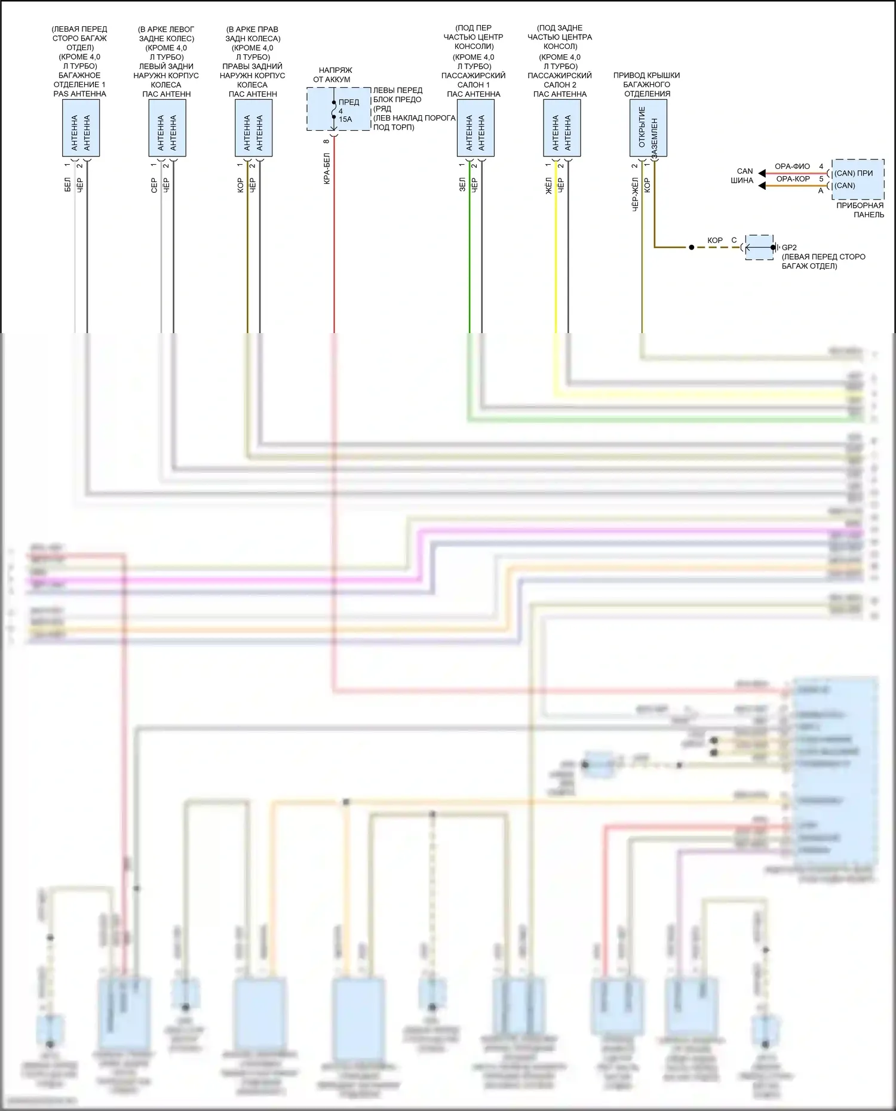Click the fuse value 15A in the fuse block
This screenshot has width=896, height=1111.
click(x=345, y=119)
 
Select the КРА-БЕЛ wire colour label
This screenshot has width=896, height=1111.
click(x=327, y=169)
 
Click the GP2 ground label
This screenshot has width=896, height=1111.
click(x=789, y=247)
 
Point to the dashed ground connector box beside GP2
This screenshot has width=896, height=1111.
click(x=759, y=247)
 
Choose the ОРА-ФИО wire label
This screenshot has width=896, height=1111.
click(x=792, y=167)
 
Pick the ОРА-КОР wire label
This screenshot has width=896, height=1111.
click(x=793, y=179)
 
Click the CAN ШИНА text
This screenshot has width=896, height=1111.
click(x=742, y=176)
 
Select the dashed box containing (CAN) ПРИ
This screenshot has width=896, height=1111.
click(x=858, y=179)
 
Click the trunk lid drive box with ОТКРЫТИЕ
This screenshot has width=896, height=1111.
click(x=648, y=128)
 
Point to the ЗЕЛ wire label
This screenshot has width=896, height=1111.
click(x=462, y=184)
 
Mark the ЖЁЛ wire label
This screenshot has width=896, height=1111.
click(x=548, y=185)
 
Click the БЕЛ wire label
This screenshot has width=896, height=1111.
click(x=67, y=184)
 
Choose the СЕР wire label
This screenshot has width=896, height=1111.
click(x=154, y=185)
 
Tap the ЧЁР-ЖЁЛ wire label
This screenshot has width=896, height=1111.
click(x=635, y=193)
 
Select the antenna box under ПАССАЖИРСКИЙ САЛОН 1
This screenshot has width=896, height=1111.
click(x=475, y=128)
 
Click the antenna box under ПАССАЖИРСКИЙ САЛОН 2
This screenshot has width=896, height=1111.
click(x=561, y=128)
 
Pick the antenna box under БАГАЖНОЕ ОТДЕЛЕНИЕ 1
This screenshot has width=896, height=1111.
click(x=81, y=128)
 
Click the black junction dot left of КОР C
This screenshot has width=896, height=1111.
click(x=691, y=247)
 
